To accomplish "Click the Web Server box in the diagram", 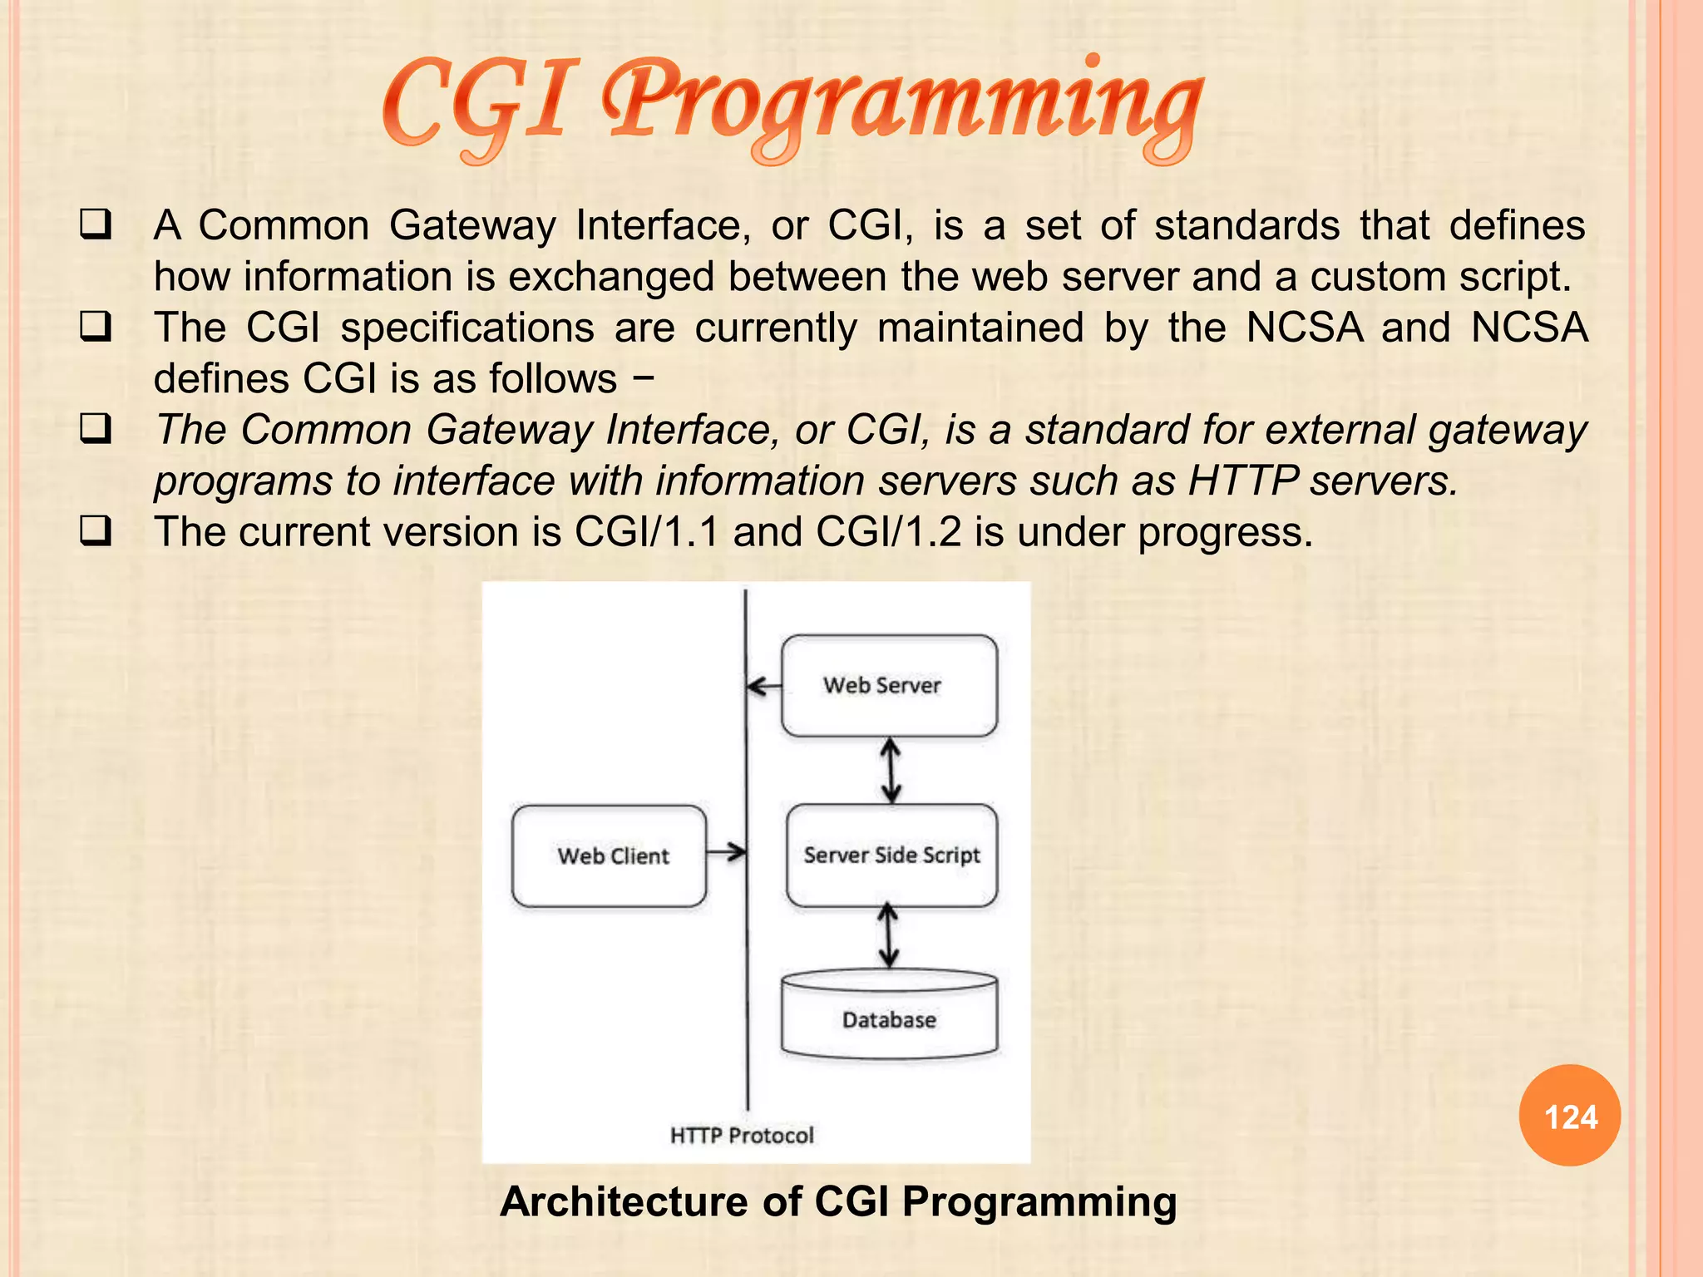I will (888, 686).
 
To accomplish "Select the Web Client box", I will (610, 855).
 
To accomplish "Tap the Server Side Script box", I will (891, 855).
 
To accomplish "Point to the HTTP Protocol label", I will (742, 1135).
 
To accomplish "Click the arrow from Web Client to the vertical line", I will (726, 852).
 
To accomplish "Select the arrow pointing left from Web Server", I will (763, 687).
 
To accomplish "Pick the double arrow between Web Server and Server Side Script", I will (891, 771).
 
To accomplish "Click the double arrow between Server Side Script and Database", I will (889, 936).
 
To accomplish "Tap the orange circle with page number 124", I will (1569, 1116).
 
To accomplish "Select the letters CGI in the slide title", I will (480, 104).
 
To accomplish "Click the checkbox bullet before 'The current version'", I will (96, 530).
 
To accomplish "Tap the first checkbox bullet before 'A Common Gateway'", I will (96, 224).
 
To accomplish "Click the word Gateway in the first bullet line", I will (472, 226).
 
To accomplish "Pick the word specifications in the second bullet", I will (467, 328).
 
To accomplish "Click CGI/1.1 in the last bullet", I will (647, 532).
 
